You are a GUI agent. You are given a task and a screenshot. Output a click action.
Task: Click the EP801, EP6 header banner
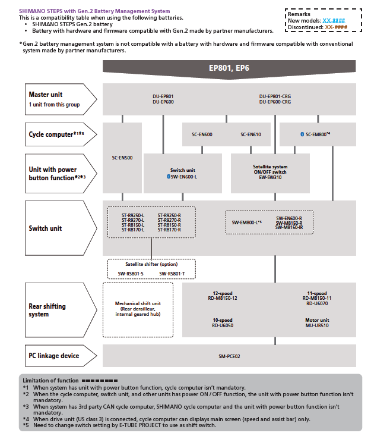(229, 69)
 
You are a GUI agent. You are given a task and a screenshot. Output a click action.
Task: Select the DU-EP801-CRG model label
(275, 96)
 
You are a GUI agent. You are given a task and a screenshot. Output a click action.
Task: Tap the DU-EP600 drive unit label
(163, 102)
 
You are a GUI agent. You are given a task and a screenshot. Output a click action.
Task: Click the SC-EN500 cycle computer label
(122, 158)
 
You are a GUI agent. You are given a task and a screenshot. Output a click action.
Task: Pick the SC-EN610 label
(250, 134)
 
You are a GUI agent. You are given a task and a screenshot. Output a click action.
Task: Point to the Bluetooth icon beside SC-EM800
(302, 134)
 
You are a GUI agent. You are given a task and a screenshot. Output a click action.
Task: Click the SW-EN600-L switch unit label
(184, 177)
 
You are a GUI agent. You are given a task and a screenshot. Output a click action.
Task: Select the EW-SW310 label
(270, 177)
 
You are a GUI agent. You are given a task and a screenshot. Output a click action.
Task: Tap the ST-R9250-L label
(133, 215)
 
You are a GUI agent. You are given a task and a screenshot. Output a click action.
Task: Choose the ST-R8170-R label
(169, 230)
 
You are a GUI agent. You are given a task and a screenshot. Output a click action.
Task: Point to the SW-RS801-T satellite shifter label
(172, 274)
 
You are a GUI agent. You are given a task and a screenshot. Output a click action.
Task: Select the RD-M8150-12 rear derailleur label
(223, 299)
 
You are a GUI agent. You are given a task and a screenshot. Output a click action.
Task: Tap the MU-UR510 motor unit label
(317, 325)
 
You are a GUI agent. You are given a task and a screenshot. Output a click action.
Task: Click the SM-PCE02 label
(229, 356)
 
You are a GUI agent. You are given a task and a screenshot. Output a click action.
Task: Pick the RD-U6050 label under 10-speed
(223, 325)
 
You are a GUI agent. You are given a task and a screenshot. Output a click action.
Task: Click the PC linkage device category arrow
(61, 356)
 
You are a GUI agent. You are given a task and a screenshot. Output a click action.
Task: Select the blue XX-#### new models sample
(334, 21)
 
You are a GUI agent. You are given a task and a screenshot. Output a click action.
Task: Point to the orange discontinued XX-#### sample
(336, 27)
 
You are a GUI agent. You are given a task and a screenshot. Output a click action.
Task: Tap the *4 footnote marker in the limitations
(26, 419)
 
